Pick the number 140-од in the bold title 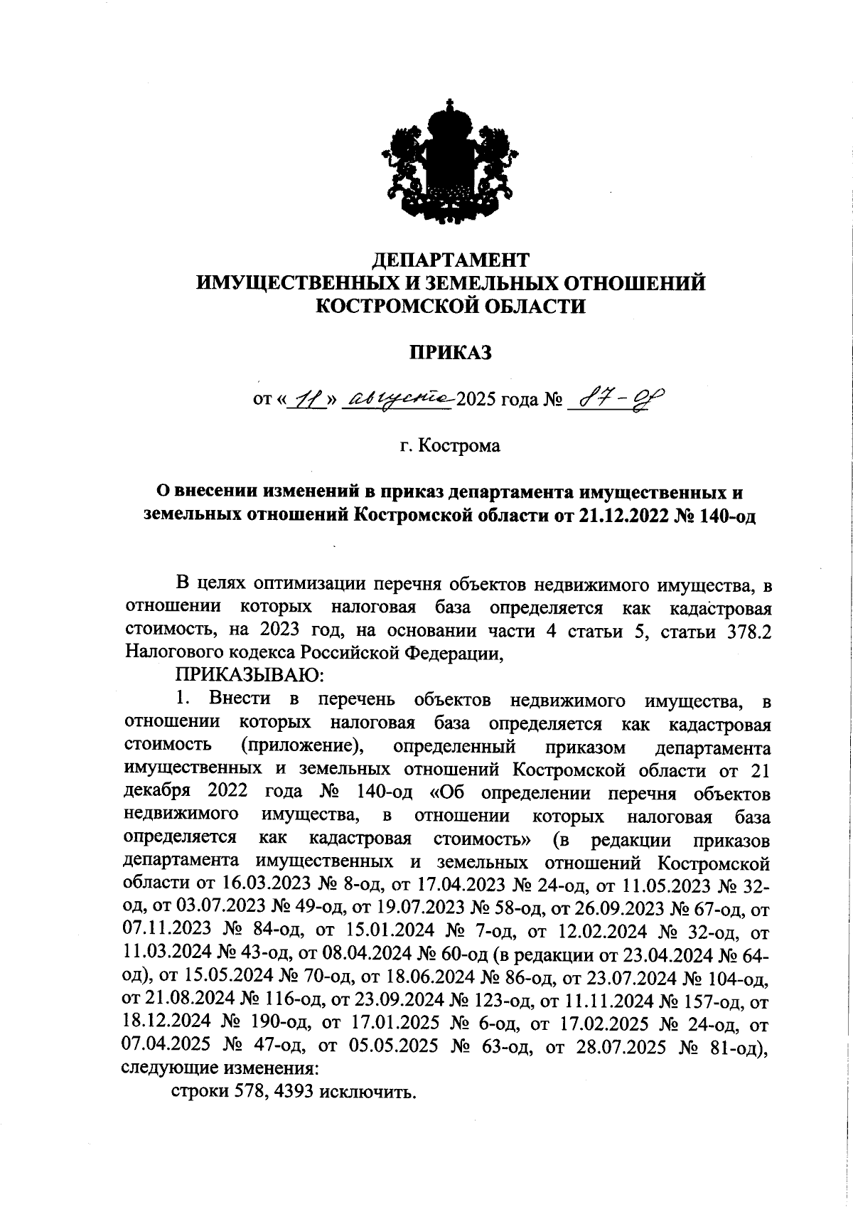727,516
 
